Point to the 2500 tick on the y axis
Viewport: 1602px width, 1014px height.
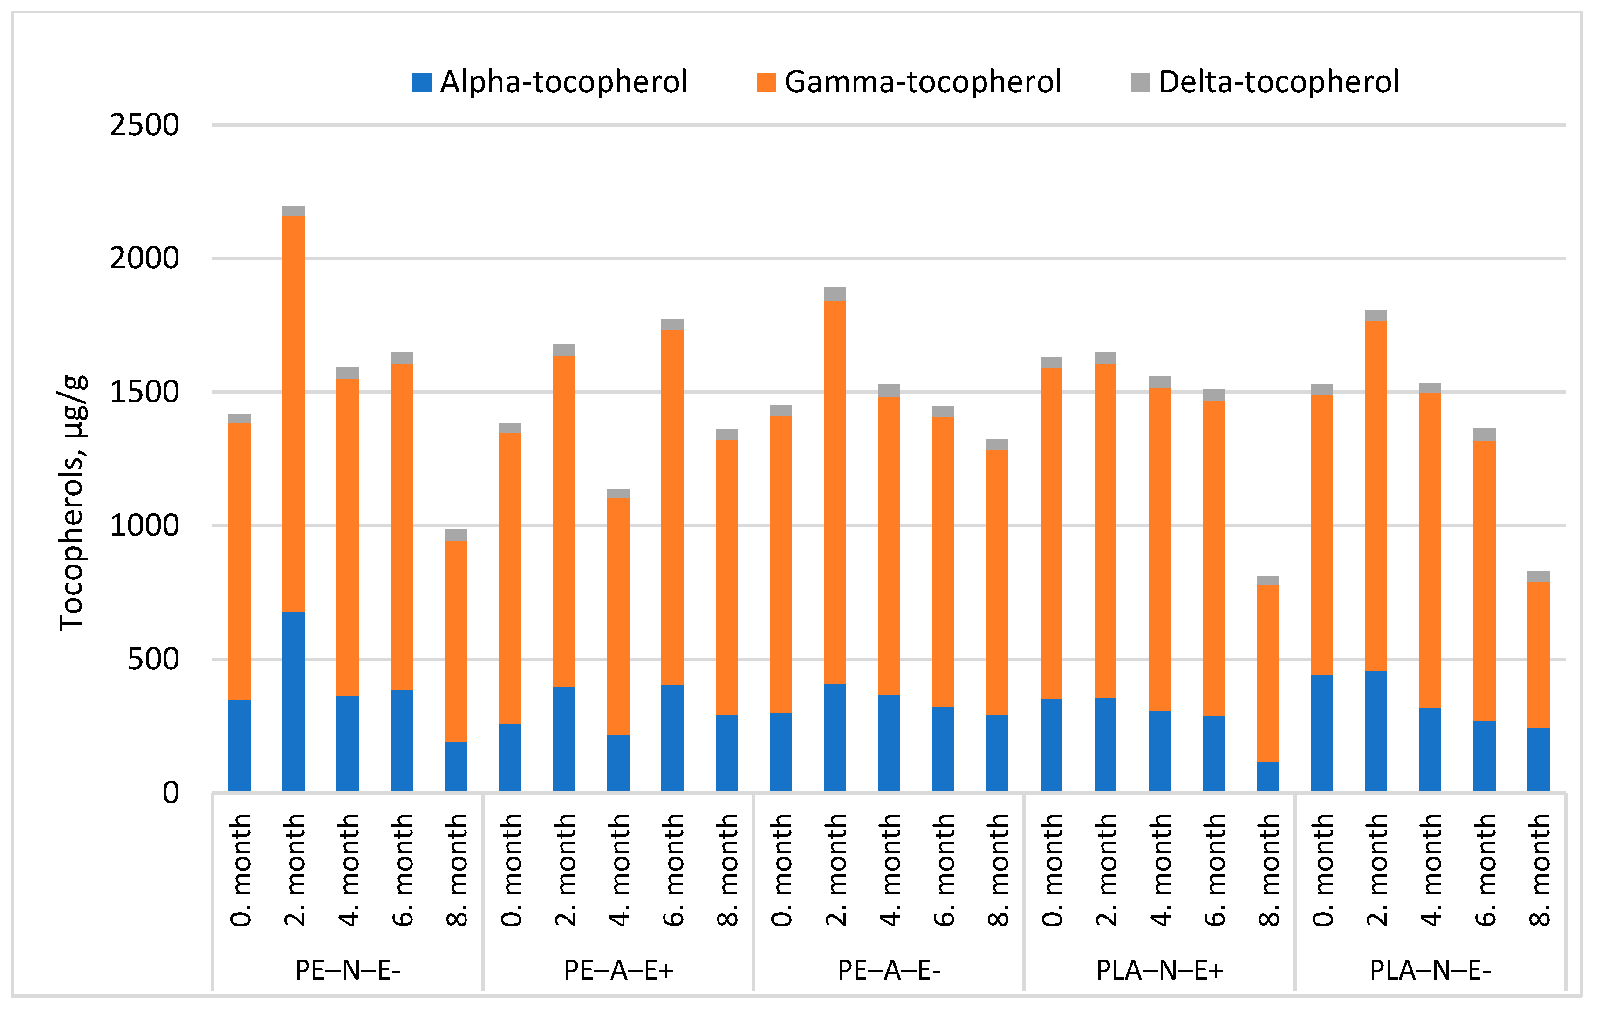tap(144, 125)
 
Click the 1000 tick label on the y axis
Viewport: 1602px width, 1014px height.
tap(144, 526)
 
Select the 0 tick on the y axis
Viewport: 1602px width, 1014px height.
tap(171, 793)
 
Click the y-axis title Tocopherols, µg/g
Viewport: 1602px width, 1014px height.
tap(72, 502)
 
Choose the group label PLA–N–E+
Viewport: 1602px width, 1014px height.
tap(1160, 971)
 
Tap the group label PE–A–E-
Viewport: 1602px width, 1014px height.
tap(889, 971)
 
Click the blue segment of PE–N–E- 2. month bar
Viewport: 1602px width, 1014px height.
tap(294, 701)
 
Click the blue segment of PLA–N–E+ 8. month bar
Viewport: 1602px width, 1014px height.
tap(1267, 776)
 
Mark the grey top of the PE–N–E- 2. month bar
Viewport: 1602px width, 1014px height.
tap(294, 211)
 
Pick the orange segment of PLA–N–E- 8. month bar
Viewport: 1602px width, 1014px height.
tap(1538, 655)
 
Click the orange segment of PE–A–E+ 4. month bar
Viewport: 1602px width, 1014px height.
tap(618, 616)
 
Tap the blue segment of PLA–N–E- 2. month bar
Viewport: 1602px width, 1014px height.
tap(1376, 731)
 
